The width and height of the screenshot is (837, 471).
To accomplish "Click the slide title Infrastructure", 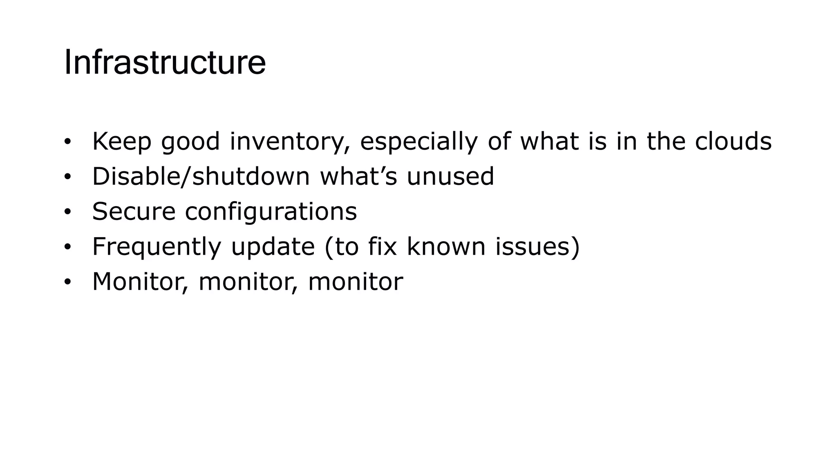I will coord(165,63).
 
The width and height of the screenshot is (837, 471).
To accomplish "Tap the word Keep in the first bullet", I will coord(121,141).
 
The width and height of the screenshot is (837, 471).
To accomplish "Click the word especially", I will coord(418,141).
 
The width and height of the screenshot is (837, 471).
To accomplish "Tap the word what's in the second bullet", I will coord(358,177).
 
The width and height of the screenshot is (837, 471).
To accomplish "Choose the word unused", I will coord(450,177).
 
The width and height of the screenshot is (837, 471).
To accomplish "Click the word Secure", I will coord(134,212).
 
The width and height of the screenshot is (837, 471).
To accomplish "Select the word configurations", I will coord(271,212).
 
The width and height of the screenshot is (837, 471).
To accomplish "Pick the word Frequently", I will coord(157,247).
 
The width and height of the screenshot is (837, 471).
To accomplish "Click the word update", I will coord(273,247).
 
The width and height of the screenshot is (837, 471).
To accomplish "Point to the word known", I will coord(446,247).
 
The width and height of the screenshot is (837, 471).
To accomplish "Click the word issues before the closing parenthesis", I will coord(533,247).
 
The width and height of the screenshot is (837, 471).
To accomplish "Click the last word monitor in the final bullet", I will coord(355,282).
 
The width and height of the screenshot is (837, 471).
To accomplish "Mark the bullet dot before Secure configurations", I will coord(67,212).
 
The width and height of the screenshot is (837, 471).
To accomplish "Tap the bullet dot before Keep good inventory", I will coord(67,142).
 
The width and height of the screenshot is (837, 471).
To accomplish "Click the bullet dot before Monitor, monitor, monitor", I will coord(67,282).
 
